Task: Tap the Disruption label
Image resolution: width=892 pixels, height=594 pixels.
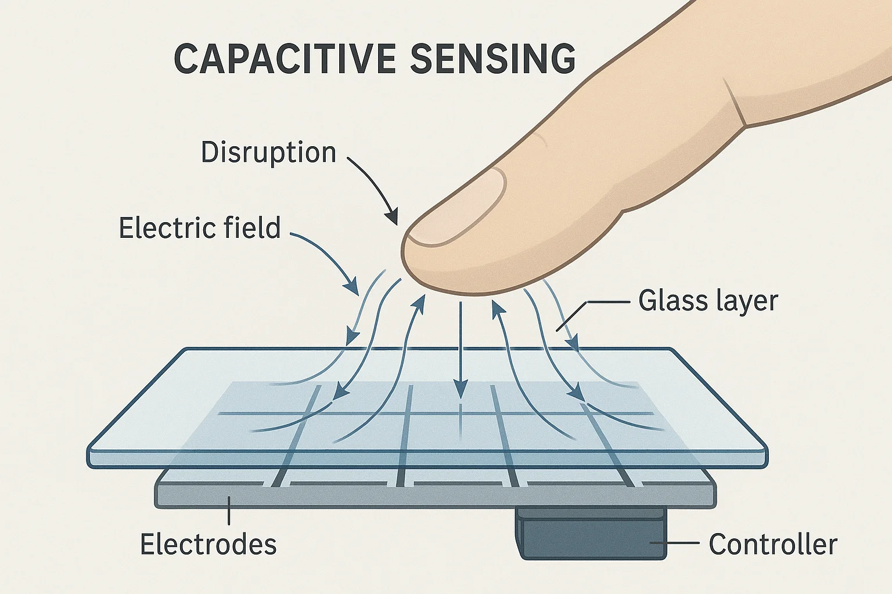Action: [268, 153]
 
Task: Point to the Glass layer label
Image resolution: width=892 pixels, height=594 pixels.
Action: [708, 300]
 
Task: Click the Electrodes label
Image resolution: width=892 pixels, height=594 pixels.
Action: [208, 544]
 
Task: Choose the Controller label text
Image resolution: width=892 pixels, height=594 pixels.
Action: [773, 544]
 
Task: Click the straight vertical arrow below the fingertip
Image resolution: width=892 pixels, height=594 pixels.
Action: [461, 348]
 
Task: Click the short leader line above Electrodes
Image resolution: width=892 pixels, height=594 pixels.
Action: [229, 513]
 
